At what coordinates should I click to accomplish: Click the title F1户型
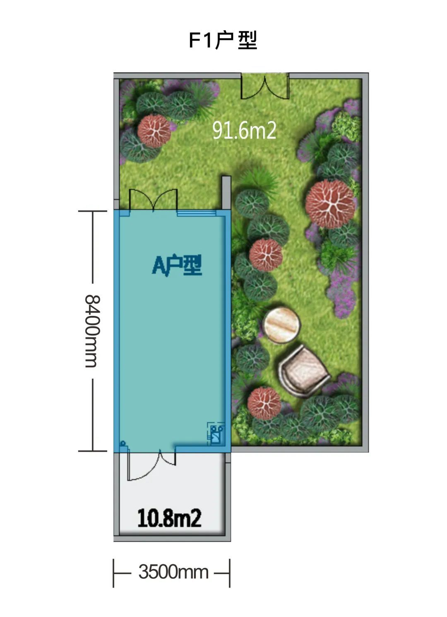click(x=223, y=40)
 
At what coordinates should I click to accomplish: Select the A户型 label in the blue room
click(x=177, y=265)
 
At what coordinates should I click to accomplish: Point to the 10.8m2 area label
click(x=169, y=518)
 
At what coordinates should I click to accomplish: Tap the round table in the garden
click(x=281, y=325)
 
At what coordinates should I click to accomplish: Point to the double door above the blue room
click(x=153, y=200)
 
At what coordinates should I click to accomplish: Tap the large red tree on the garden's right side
click(x=330, y=204)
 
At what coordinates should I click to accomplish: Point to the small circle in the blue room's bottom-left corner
click(x=123, y=443)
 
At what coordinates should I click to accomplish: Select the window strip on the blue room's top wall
click(x=196, y=213)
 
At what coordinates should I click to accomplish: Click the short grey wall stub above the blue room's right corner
click(x=226, y=193)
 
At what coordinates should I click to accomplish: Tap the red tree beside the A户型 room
click(x=266, y=255)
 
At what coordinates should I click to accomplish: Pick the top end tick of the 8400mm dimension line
click(x=92, y=211)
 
